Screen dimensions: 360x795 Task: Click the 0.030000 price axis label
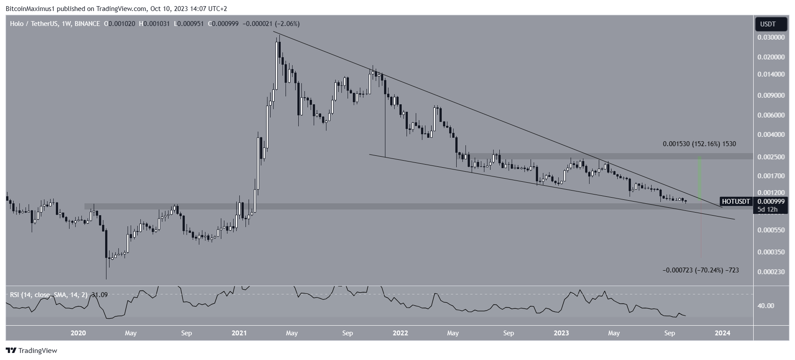(x=770, y=38)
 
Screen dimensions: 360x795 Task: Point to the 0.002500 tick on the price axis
(x=770, y=157)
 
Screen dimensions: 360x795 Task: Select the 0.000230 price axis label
(x=770, y=272)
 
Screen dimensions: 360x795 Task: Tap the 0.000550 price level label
(x=770, y=230)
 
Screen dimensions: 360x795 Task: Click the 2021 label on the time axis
(x=239, y=333)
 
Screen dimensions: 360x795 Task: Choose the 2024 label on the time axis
(x=722, y=333)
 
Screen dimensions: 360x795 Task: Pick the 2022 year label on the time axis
(x=400, y=333)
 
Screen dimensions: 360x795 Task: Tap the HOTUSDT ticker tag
(x=736, y=202)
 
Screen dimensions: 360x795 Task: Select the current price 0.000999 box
(x=770, y=202)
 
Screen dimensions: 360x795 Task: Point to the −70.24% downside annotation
(x=700, y=270)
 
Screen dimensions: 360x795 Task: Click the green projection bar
(x=700, y=178)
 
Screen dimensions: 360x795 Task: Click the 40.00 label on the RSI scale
(x=766, y=306)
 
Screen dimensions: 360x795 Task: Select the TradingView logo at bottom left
(x=32, y=351)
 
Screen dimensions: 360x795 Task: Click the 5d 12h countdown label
(x=767, y=209)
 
